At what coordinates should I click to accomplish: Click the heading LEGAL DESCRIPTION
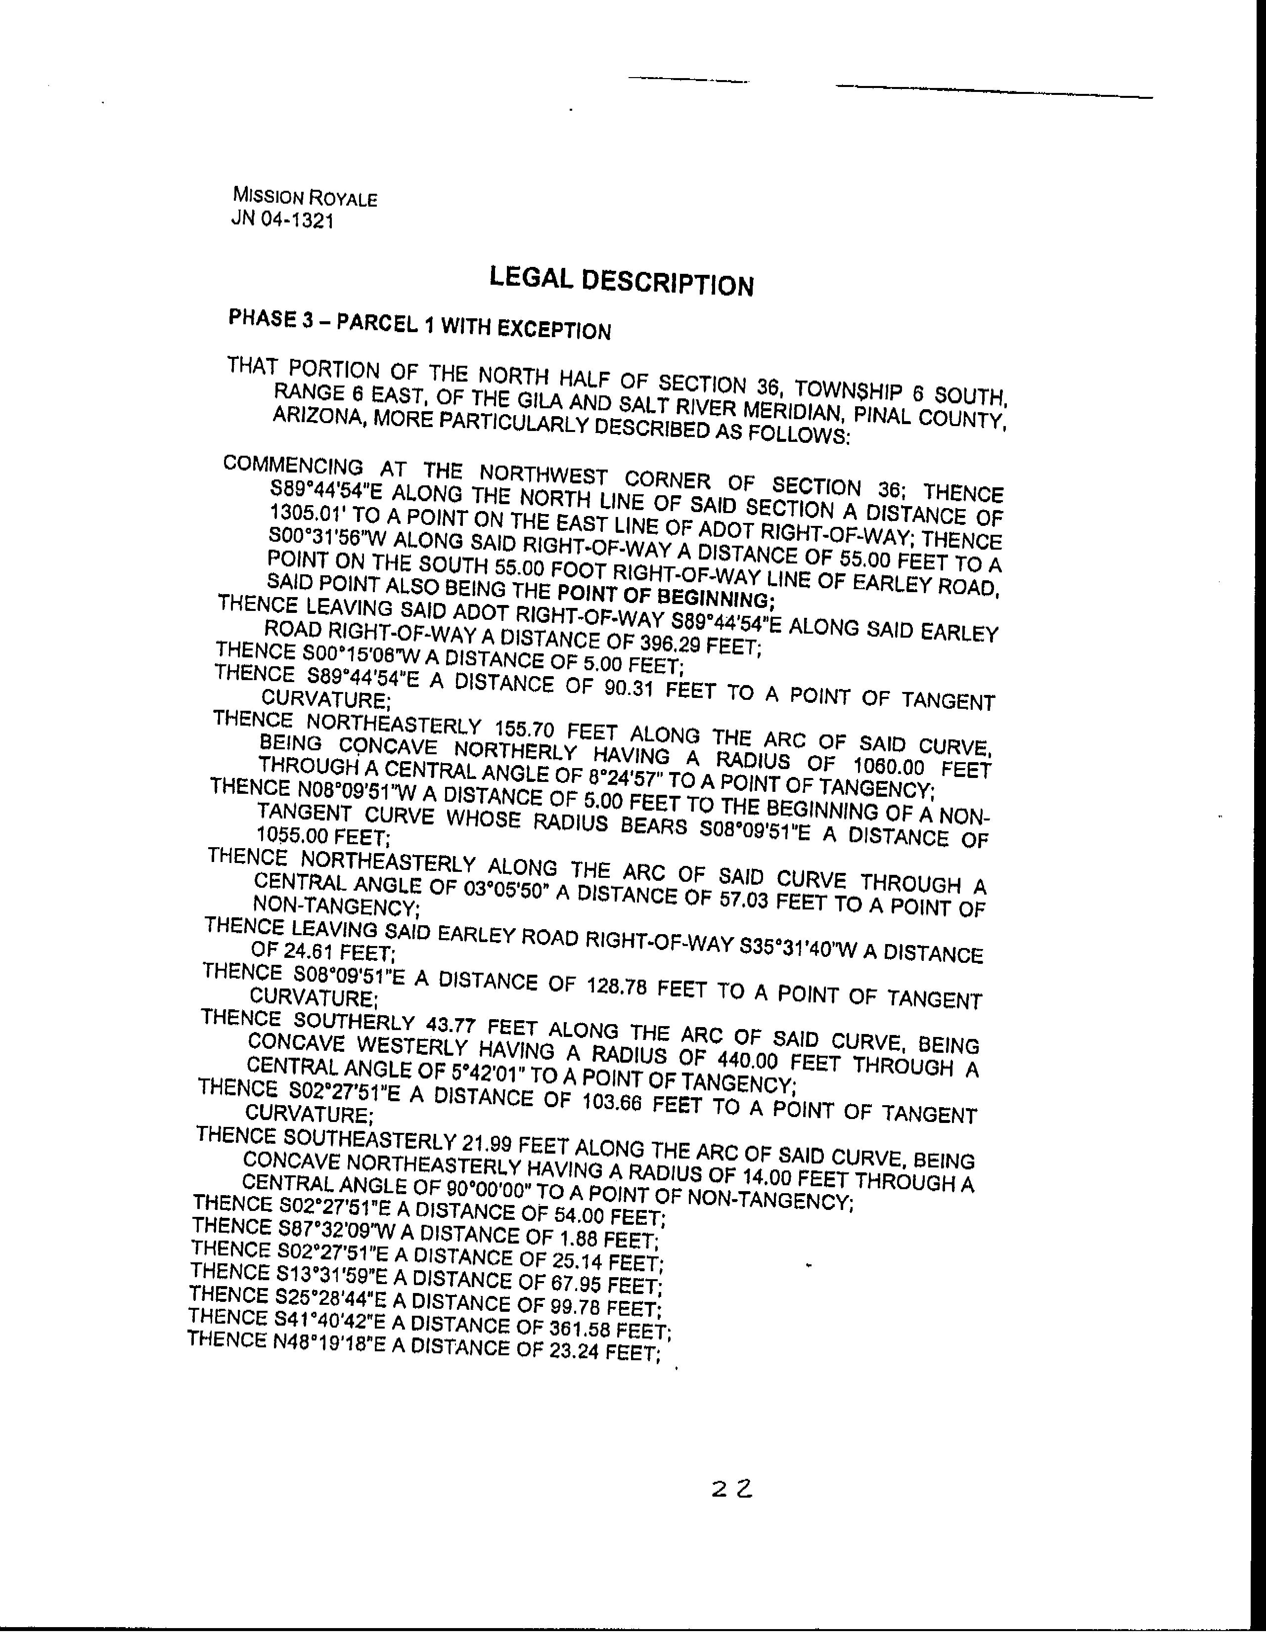point(621,281)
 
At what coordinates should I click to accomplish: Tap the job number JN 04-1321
point(283,220)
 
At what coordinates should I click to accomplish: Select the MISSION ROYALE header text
point(305,197)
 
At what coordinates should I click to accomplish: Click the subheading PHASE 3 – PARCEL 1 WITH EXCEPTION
point(419,324)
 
